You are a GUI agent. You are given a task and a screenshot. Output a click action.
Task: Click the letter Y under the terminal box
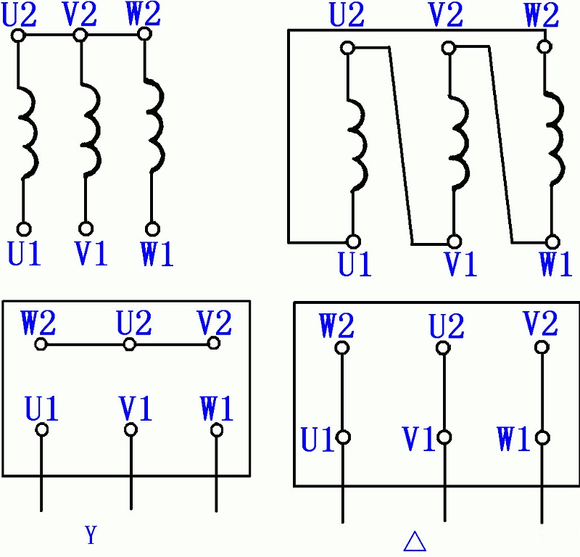click(91, 535)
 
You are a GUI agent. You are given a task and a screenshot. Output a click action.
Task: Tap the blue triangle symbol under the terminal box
click(415, 542)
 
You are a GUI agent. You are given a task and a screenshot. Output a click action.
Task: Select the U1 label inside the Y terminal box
click(41, 408)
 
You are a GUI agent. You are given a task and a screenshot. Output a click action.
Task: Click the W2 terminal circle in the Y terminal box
click(41, 344)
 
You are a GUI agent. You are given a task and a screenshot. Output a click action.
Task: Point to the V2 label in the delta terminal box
click(540, 323)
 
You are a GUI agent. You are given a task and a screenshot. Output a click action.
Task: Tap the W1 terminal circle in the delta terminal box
click(542, 438)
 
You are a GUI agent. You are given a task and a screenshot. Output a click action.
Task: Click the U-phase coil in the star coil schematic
click(28, 133)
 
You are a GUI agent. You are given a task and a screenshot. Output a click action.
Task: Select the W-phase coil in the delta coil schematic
click(555, 138)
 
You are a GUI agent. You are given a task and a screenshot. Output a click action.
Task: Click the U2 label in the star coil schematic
click(20, 15)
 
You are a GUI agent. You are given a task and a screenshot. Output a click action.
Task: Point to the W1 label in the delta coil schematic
click(555, 264)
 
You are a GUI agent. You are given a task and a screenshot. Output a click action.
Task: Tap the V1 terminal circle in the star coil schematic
click(86, 228)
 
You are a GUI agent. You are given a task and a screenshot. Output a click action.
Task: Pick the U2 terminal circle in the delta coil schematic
click(348, 48)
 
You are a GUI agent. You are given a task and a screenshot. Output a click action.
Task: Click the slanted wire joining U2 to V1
click(401, 146)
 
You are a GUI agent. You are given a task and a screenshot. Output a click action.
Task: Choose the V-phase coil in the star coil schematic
click(91, 130)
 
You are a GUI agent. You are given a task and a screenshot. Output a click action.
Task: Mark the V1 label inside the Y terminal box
click(136, 408)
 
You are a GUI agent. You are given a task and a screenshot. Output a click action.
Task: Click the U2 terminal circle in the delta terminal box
click(443, 347)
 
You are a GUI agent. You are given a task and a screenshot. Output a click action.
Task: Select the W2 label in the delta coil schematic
click(542, 15)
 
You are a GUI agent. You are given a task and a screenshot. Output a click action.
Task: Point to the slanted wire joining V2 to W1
click(501, 145)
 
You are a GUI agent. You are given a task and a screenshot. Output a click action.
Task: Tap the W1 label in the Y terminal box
click(216, 408)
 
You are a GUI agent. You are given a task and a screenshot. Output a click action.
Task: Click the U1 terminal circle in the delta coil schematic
click(353, 242)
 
